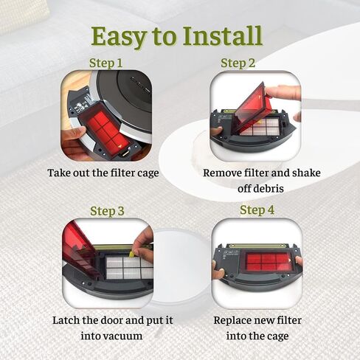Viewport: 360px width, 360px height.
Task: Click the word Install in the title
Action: (223, 36)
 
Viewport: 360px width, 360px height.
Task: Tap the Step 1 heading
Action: (105, 63)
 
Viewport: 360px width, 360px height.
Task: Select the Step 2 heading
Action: (238, 63)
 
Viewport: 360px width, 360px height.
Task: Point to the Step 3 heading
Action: (107, 211)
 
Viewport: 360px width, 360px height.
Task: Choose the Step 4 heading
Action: (257, 210)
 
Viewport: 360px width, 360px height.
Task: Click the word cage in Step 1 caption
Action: (148, 173)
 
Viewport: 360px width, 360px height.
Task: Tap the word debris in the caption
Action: (260, 189)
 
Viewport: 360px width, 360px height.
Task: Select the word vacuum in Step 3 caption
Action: (111, 336)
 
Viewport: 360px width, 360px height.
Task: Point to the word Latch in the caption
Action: (66, 320)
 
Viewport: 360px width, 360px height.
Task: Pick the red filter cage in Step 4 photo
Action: (268, 262)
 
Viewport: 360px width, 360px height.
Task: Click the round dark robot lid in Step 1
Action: (125, 94)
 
